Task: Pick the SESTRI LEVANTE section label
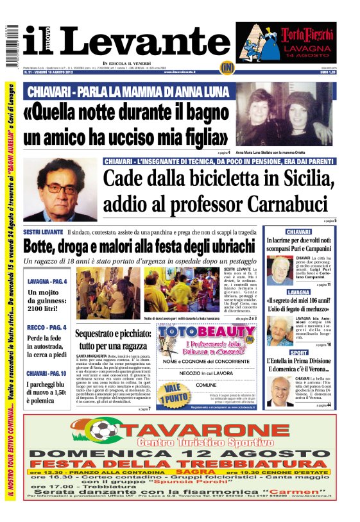pos(42,231)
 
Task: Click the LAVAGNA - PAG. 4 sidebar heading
pos(47,281)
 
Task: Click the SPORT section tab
pos(298,352)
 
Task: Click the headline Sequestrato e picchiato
pos(113,341)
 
